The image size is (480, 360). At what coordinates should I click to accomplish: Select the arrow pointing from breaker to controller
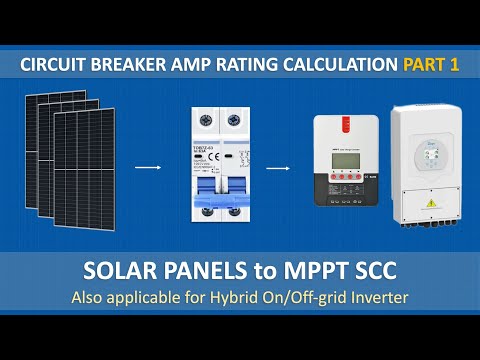point(276,170)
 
